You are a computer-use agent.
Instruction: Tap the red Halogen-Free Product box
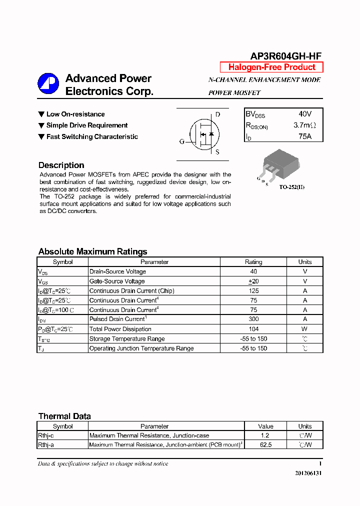click(271, 67)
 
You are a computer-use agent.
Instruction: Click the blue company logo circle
click(48, 83)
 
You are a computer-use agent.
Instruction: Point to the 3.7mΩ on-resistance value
click(304, 125)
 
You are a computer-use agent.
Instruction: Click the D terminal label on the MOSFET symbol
click(217, 114)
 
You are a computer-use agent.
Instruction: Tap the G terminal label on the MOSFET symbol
click(182, 141)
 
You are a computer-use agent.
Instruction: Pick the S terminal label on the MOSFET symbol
click(217, 152)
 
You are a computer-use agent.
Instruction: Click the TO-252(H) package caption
click(291, 187)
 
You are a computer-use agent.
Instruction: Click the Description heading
click(61, 165)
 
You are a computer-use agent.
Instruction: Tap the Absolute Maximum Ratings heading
click(92, 252)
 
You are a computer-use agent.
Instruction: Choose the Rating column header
click(253, 262)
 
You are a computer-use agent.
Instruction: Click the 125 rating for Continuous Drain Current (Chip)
click(253, 291)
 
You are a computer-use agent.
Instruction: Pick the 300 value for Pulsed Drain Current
click(253, 319)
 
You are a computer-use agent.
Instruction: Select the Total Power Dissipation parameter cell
click(120, 329)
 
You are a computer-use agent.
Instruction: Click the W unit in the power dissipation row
click(305, 329)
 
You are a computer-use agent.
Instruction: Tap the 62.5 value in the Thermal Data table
click(265, 444)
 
